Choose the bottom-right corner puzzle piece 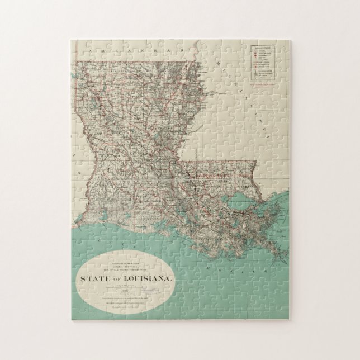pos(280,310)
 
